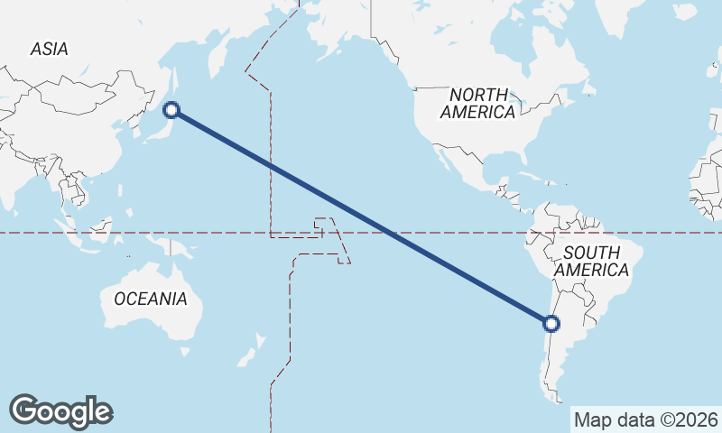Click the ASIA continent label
point(49,50)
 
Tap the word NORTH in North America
point(478,95)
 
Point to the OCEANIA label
point(151,299)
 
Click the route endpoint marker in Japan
point(171,111)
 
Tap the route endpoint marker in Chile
point(551,323)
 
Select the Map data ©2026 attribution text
point(646,419)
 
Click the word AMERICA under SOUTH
point(591,270)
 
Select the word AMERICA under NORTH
point(478,113)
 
